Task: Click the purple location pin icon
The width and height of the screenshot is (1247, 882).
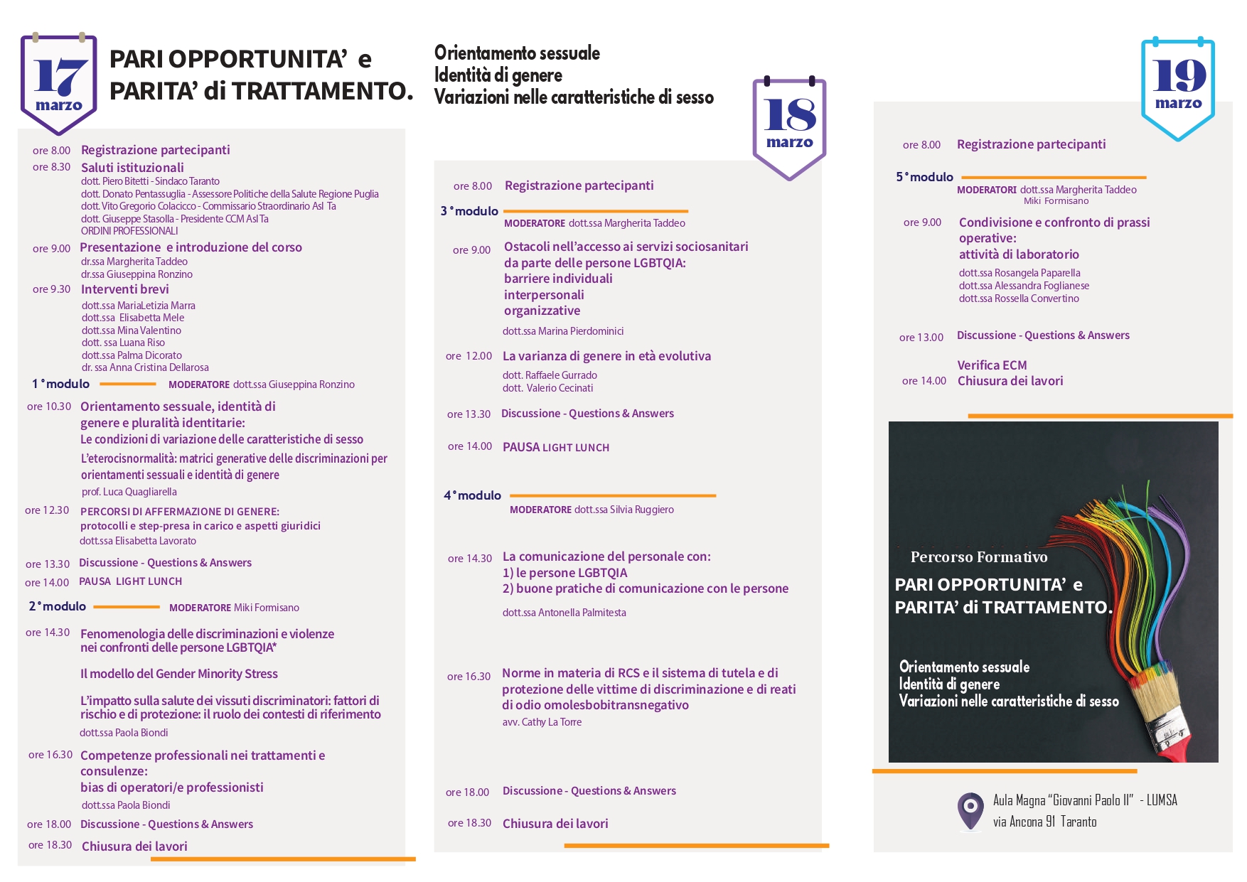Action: click(x=970, y=810)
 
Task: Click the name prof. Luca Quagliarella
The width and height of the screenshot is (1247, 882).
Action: click(x=129, y=492)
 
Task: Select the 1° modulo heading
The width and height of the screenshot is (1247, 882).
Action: click(x=61, y=384)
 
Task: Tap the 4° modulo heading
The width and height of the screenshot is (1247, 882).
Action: click(x=473, y=495)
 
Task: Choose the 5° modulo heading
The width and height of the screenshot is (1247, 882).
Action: click(x=924, y=177)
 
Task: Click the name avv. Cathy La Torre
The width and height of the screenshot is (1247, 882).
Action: click(x=542, y=722)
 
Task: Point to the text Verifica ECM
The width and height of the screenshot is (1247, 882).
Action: click(x=992, y=365)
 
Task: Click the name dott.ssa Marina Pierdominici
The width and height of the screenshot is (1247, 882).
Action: click(x=563, y=331)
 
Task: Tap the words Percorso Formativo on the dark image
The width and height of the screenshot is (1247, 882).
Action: click(x=978, y=557)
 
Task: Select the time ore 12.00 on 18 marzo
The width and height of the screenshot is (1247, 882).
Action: click(x=469, y=356)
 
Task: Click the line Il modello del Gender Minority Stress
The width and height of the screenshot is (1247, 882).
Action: click(x=179, y=674)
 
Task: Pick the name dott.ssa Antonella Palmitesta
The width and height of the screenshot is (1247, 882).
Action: click(x=564, y=613)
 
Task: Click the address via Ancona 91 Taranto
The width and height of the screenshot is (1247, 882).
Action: click(x=1044, y=822)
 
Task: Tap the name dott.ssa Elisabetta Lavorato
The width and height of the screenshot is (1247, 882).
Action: click(x=138, y=541)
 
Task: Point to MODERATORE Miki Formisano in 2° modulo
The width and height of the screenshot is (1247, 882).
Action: click(x=234, y=608)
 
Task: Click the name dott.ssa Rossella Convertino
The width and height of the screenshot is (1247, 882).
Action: click(x=1019, y=299)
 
